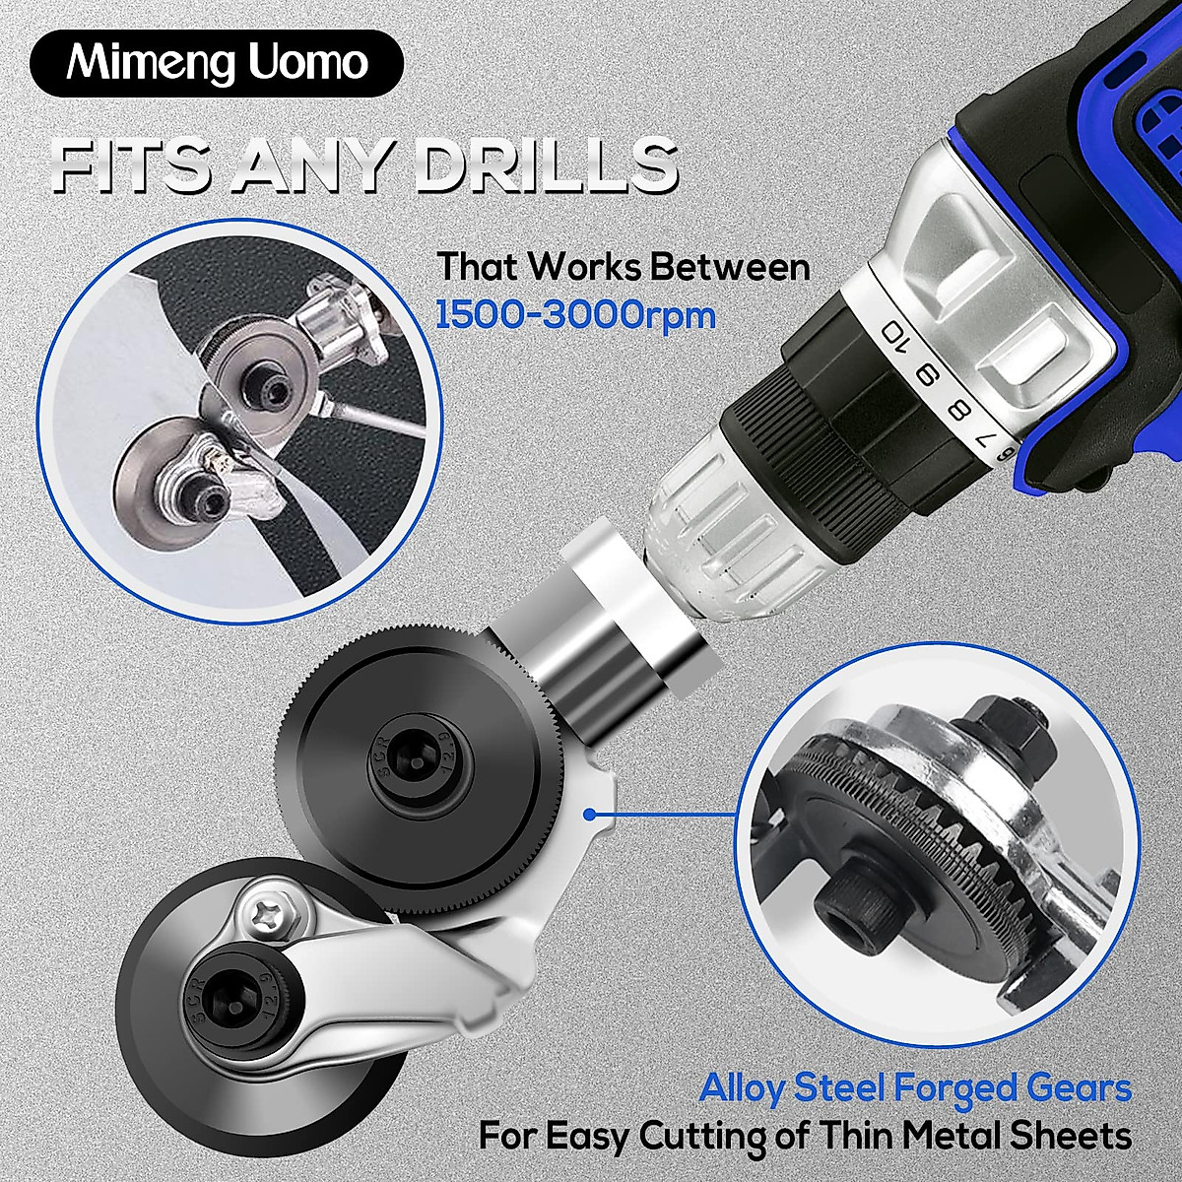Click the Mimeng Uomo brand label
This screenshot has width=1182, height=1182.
click(217, 63)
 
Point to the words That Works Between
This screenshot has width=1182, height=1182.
click(624, 267)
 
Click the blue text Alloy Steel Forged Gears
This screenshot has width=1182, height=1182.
click(915, 1088)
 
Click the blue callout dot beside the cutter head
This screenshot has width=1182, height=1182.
click(589, 814)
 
